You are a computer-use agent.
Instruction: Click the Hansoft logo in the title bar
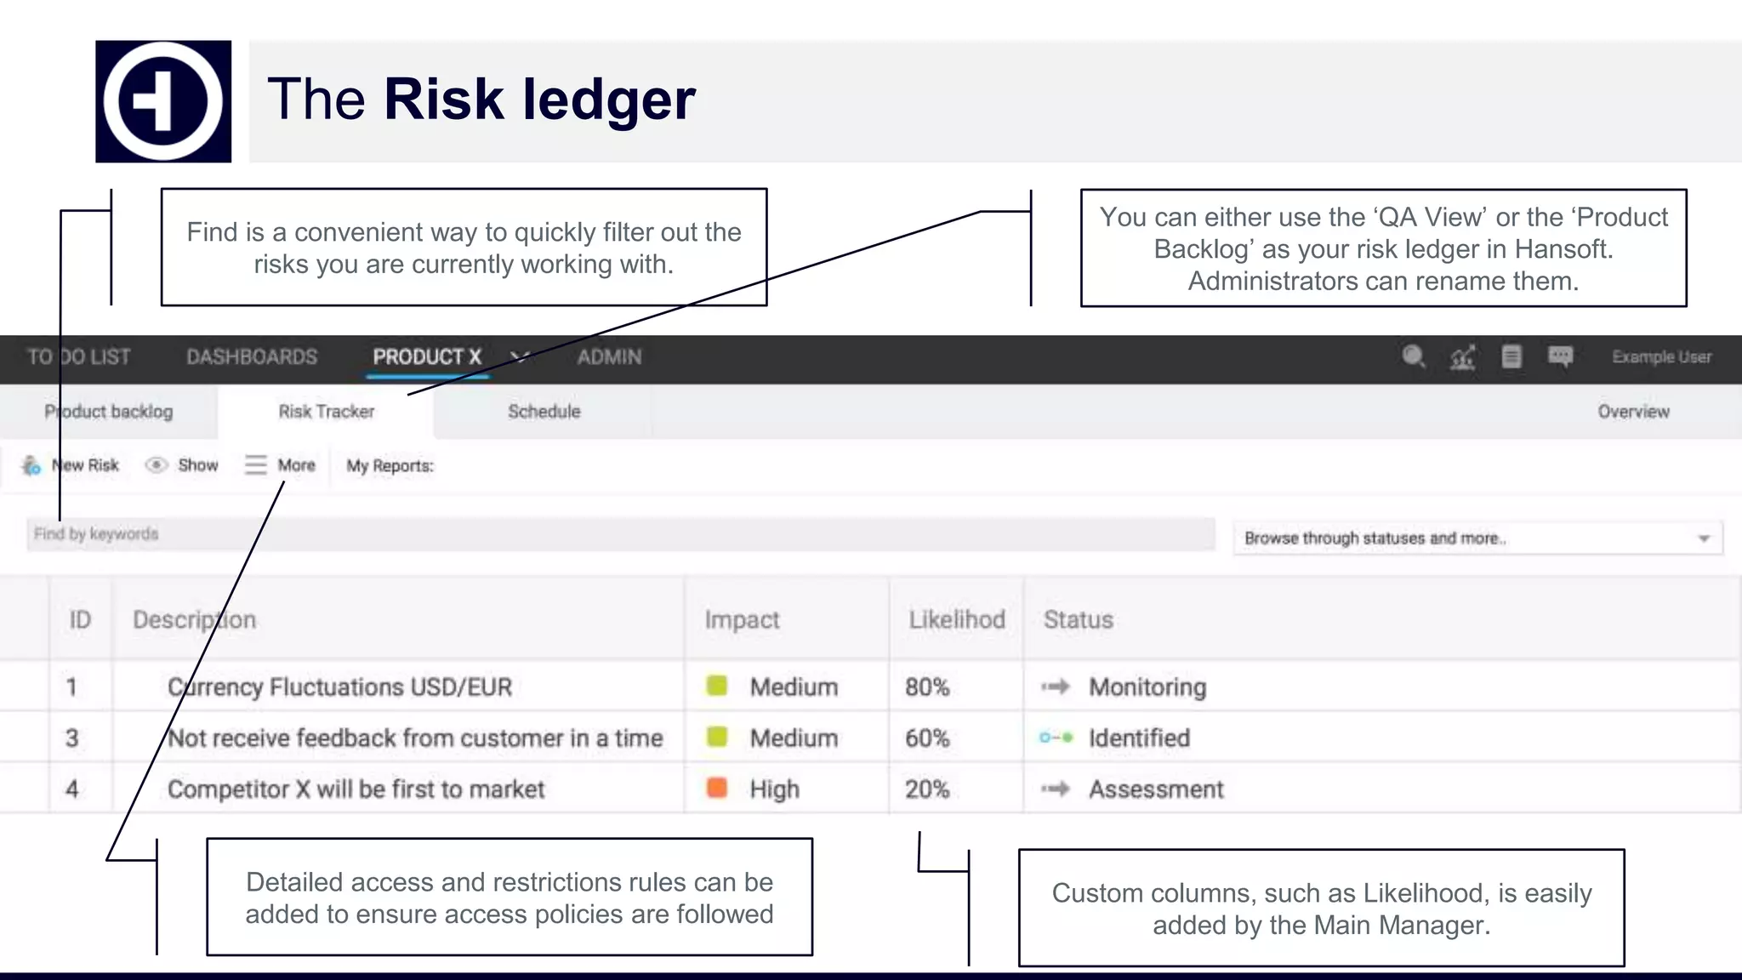162,101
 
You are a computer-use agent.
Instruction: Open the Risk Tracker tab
326,412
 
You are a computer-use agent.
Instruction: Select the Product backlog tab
109,412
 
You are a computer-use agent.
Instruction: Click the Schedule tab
544,412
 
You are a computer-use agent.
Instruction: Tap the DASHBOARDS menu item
252,357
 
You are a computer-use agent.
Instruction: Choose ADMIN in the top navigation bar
609,357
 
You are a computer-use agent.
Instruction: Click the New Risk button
71,465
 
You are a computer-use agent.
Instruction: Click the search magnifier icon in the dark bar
1413,356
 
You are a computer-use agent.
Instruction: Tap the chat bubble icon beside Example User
1560,356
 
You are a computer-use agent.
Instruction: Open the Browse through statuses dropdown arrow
1704,538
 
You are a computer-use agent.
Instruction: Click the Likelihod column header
956,619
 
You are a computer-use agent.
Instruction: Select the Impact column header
742,619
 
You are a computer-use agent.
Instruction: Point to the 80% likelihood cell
927,687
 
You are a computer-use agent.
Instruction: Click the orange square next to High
717,788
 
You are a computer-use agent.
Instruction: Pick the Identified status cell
1138,738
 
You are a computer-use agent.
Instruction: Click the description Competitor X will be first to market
356,789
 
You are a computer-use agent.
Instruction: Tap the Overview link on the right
1633,412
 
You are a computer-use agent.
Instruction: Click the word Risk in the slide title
443,100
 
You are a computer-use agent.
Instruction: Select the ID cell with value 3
72,738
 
